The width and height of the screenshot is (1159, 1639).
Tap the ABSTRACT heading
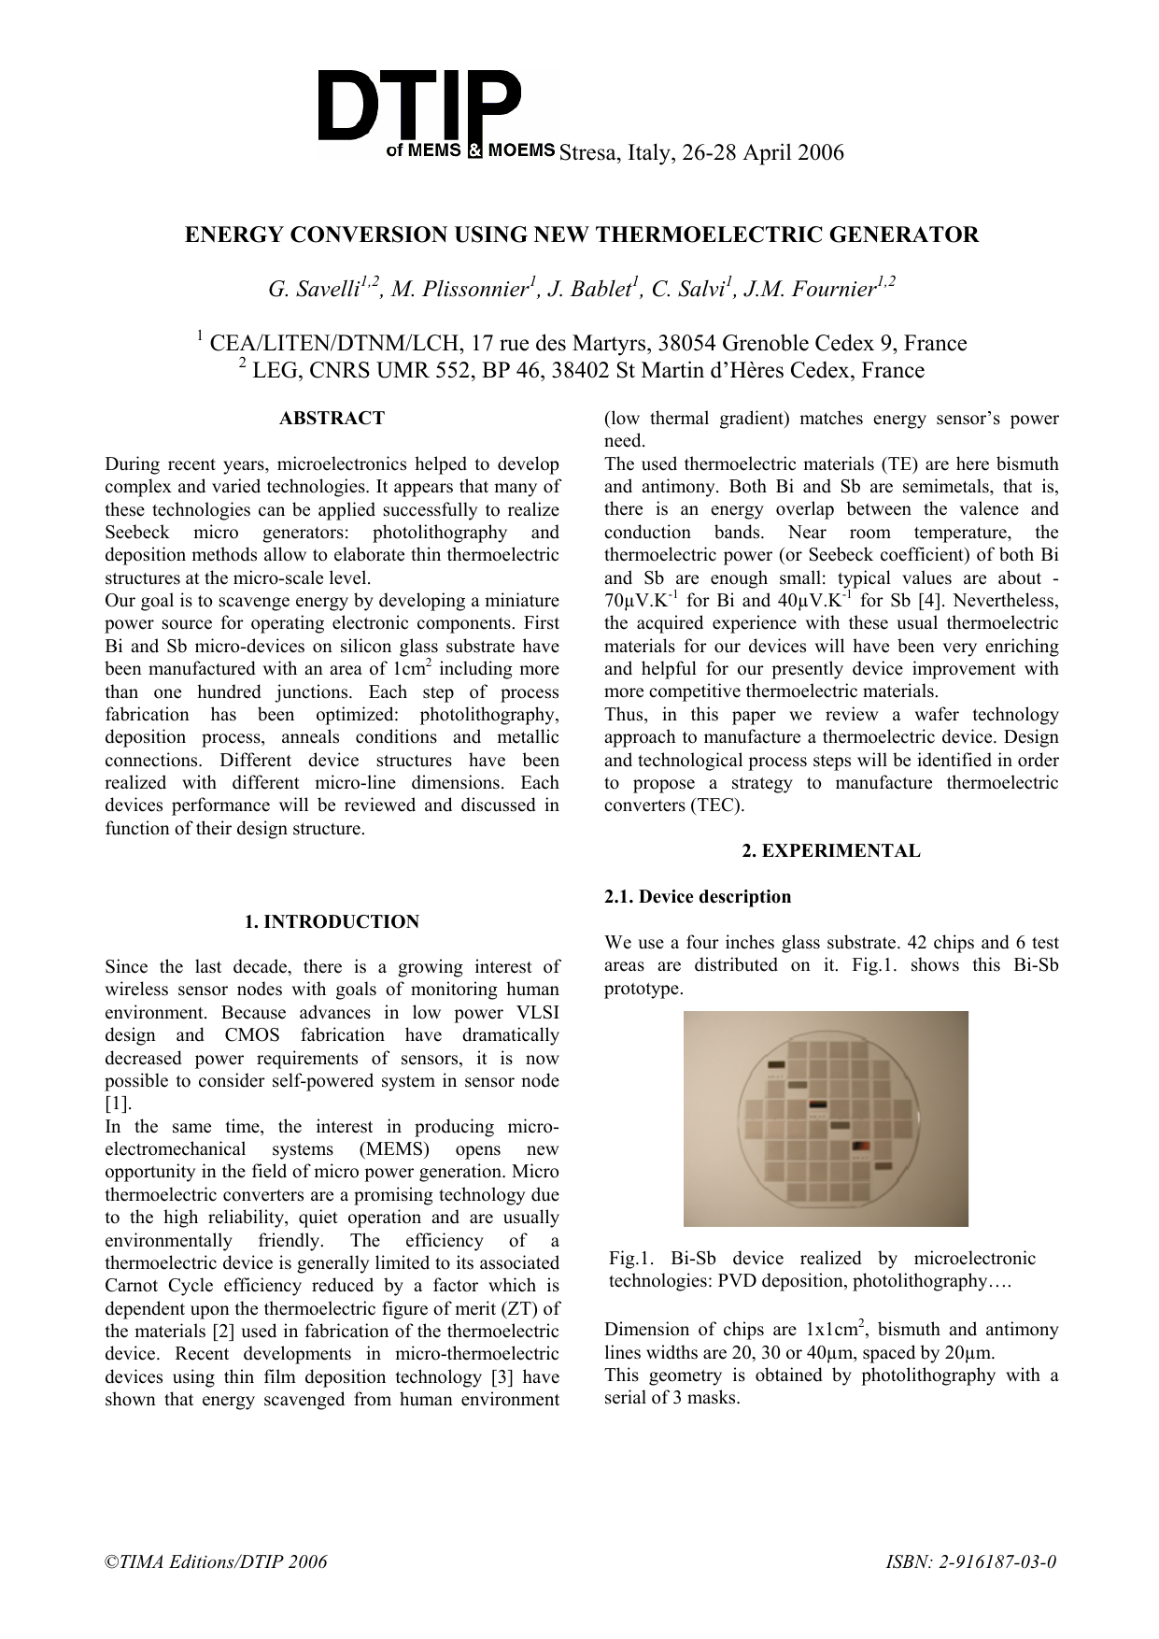pos(332,419)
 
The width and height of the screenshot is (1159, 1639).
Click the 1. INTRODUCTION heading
pos(332,922)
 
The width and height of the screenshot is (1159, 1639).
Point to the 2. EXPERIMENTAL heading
pos(830,851)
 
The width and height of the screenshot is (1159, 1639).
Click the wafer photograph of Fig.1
pos(826,1119)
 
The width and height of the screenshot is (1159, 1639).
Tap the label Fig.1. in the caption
pos(629,1259)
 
